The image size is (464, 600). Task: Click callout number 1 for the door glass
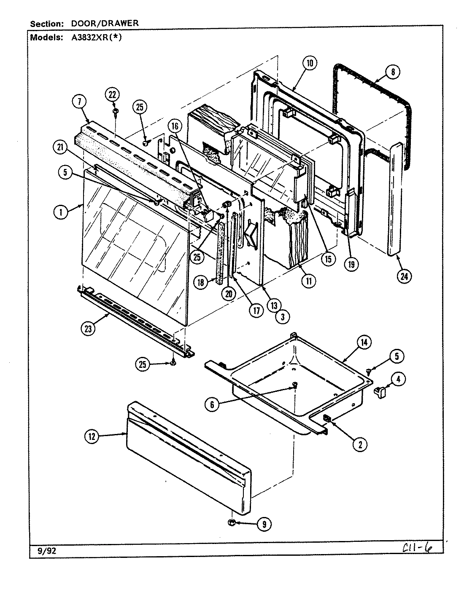pos(61,212)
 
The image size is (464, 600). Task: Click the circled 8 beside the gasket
pos(392,72)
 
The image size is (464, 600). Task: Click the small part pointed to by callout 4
pos(380,393)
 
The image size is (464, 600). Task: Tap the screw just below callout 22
pos(115,111)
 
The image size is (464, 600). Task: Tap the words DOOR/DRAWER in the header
pos(104,24)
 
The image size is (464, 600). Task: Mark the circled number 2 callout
pos(359,444)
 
